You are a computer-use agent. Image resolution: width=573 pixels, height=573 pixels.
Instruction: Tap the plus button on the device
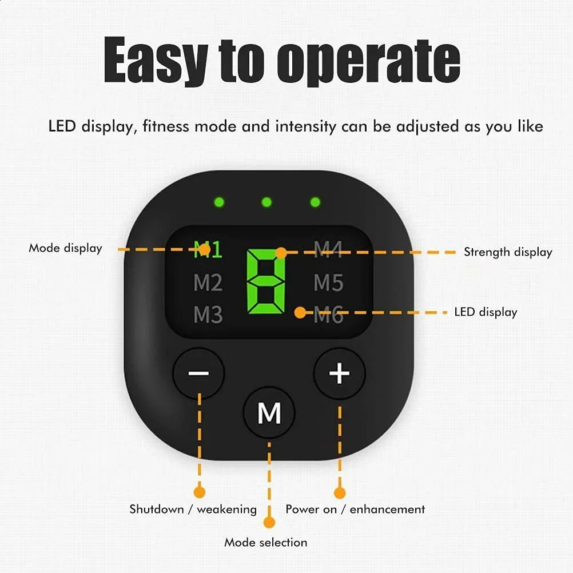(340, 374)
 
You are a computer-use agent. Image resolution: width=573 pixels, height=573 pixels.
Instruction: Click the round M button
(269, 413)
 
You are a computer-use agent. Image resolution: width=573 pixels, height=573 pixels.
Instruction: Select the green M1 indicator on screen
(208, 250)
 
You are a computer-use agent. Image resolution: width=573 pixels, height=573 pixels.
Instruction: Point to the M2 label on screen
(208, 282)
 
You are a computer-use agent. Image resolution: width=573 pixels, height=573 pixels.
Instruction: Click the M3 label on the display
(208, 315)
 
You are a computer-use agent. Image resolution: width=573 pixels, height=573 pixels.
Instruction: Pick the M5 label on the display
(328, 282)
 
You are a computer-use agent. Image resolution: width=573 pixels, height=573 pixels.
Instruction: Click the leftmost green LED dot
(218, 202)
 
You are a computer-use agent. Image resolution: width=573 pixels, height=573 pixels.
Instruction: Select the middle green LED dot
(266, 202)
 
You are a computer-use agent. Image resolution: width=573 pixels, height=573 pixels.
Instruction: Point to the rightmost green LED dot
(315, 202)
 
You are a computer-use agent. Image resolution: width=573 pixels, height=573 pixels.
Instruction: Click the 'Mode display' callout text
(65, 248)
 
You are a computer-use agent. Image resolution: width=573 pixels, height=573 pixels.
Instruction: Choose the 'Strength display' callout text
(508, 252)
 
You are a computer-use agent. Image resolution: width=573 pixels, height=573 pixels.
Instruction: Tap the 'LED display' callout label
(486, 312)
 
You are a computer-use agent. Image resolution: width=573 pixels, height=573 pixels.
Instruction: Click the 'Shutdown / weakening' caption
(193, 509)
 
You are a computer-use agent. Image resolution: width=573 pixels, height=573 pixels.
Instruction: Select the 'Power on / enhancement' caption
(355, 509)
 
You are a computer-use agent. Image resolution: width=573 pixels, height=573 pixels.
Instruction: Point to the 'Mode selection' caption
(265, 542)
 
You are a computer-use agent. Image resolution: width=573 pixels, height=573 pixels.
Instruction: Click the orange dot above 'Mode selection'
(269, 522)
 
